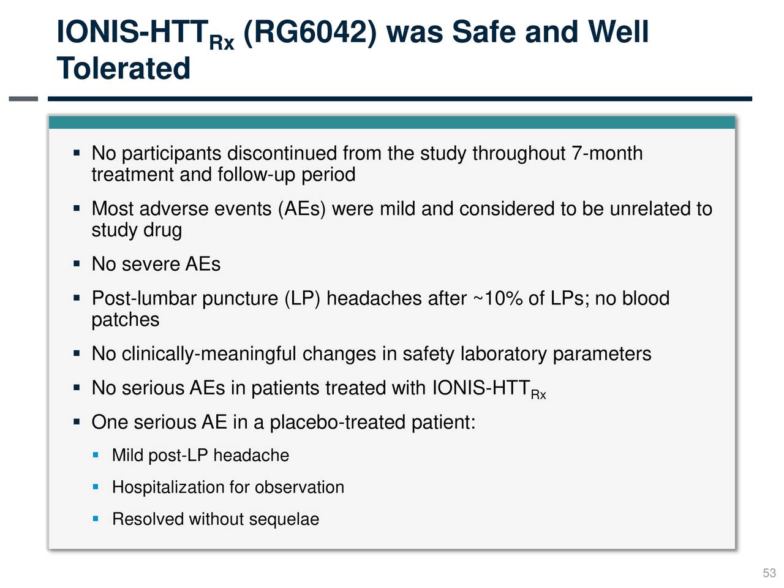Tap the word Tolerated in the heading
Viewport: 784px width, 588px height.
click(x=123, y=68)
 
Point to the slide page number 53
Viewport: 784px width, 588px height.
click(x=769, y=573)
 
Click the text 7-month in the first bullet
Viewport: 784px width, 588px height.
click(x=607, y=153)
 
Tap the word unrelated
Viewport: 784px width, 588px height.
click(x=651, y=209)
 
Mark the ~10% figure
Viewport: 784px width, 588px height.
click(x=497, y=298)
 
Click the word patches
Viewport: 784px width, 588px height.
click(x=125, y=320)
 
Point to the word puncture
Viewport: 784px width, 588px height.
click(x=239, y=298)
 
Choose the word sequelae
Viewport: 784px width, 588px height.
click(x=284, y=519)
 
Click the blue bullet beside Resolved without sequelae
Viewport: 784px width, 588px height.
click(x=96, y=519)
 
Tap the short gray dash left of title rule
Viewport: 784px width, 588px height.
click(x=23, y=99)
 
